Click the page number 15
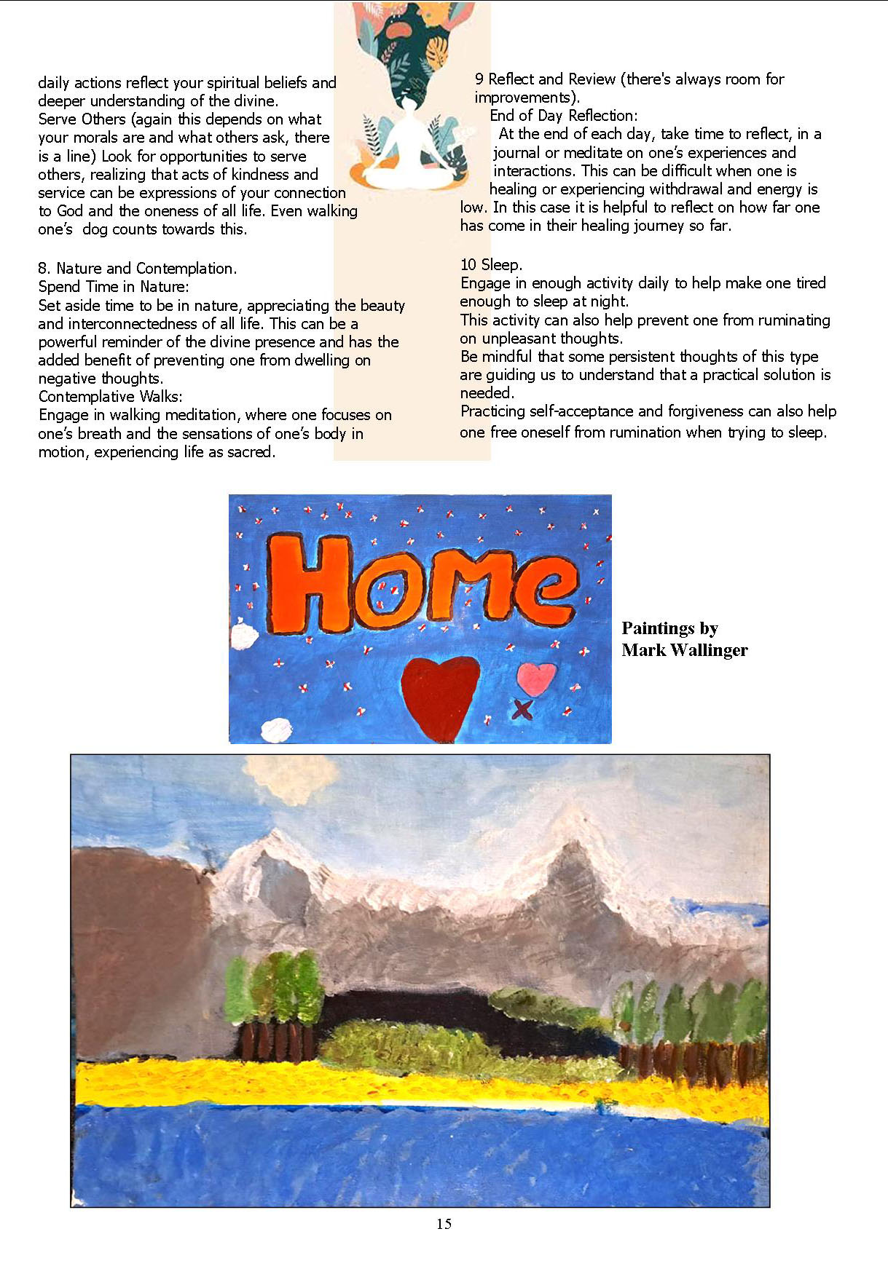coord(444,1224)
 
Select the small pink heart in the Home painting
coord(536,679)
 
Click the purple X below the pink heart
coord(522,708)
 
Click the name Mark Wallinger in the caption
coord(684,650)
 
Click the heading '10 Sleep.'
coord(491,264)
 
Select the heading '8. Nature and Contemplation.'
coord(137,268)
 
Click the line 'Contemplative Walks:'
coord(110,396)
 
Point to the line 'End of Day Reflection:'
coord(563,115)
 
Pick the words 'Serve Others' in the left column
coord(82,119)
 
